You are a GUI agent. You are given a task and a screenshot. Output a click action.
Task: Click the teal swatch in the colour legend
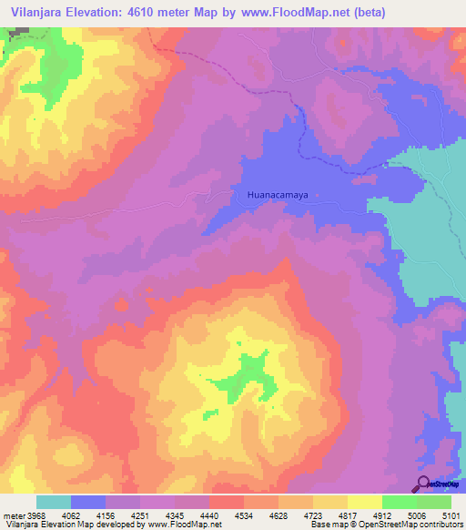[54, 502]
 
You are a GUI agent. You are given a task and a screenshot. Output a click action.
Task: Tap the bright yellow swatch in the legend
[364, 502]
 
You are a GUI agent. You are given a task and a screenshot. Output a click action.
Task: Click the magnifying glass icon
[422, 484]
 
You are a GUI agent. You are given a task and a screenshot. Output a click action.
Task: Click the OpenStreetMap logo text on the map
[444, 484]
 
